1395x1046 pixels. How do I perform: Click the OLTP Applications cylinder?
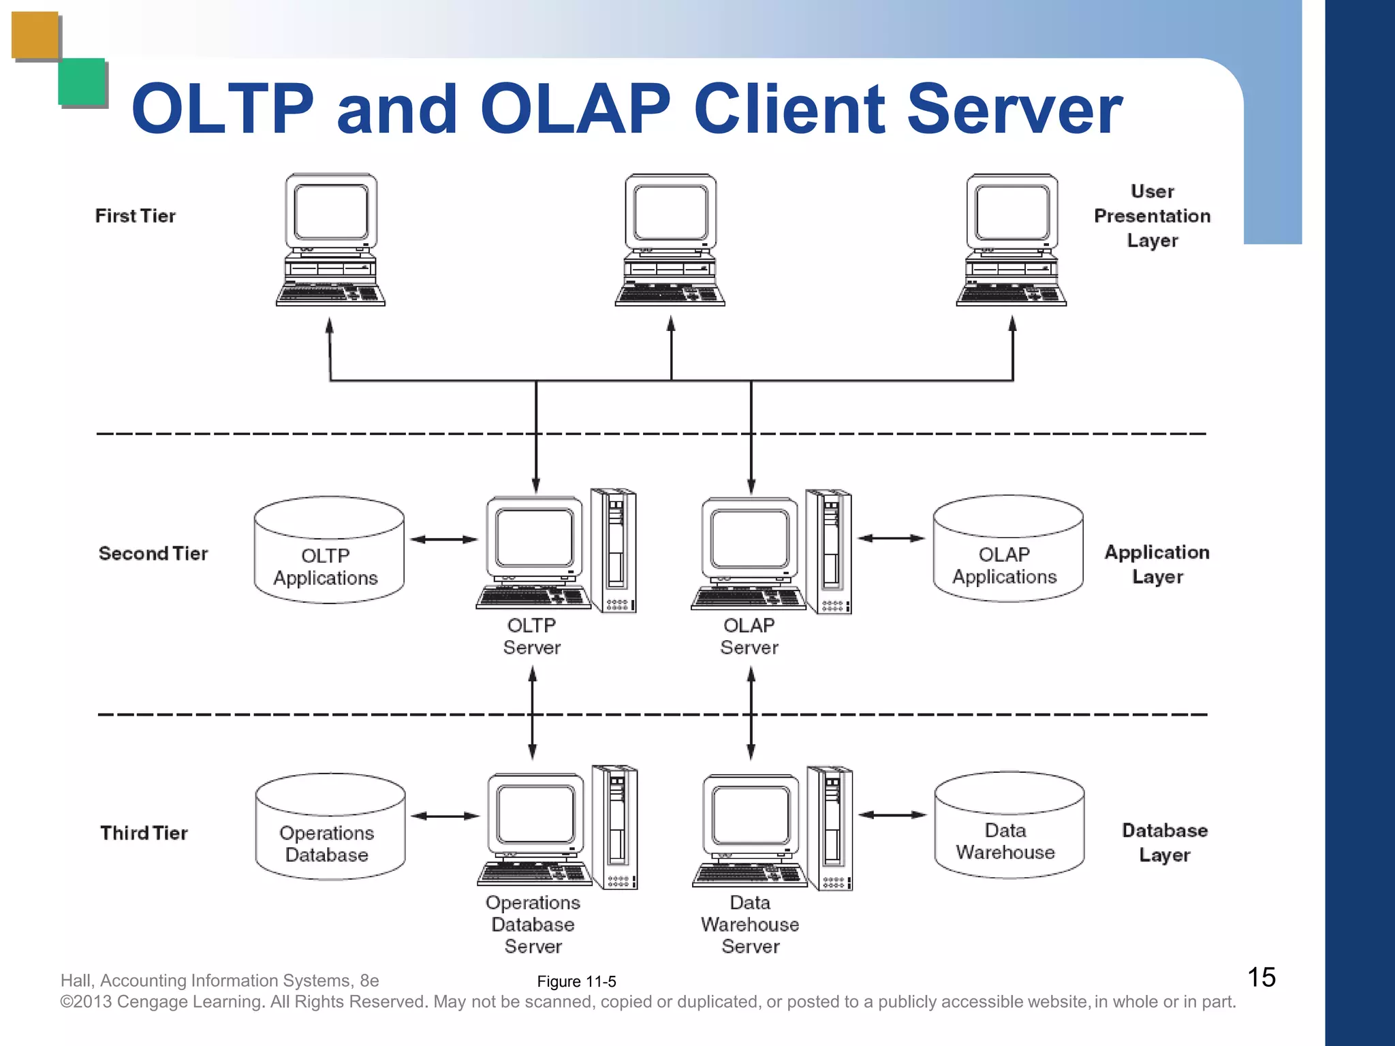click(329, 551)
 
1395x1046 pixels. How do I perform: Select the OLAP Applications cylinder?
click(1007, 550)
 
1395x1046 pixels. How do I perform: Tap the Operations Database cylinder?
click(330, 827)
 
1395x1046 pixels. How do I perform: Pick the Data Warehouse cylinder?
click(1009, 826)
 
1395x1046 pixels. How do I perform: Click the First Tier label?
click(135, 216)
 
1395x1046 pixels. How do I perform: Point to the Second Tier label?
click(153, 554)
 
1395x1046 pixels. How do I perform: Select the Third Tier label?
click(144, 833)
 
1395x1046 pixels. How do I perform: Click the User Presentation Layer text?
click(1152, 216)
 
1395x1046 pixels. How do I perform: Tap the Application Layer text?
click(1157, 565)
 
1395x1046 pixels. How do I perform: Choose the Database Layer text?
click(1164, 842)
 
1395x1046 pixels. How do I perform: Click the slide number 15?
click(1261, 977)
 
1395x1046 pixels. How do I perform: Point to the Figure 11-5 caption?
click(576, 981)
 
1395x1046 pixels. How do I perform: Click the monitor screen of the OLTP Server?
click(535, 537)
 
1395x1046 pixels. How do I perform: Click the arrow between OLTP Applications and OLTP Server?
click(444, 539)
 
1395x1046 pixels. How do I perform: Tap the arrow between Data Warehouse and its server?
click(892, 814)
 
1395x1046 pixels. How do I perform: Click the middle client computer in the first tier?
click(670, 240)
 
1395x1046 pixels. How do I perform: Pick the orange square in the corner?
click(35, 35)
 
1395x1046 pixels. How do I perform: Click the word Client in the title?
click(789, 109)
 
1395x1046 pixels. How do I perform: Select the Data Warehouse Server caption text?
click(750, 924)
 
